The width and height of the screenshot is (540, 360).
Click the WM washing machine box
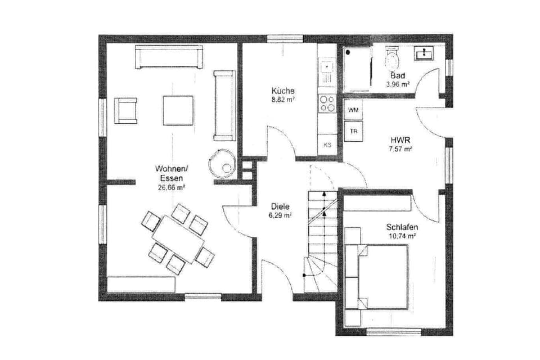tap(353, 110)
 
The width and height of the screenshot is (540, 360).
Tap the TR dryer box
tap(353, 132)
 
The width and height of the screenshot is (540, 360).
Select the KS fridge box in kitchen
tap(327, 145)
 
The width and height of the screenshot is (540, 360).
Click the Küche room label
tap(283, 91)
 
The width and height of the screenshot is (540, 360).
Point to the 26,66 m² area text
tap(172, 188)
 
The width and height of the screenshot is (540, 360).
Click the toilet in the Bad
tap(392, 58)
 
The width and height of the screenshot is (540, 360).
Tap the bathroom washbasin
tap(424, 53)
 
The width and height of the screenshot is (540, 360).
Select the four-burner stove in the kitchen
tap(327, 103)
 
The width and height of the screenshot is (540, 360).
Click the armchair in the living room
tap(125, 110)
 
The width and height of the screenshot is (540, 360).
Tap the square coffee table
tap(178, 110)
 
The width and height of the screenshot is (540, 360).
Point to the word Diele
tap(279, 206)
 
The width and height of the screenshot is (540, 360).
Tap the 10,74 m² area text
tap(402, 236)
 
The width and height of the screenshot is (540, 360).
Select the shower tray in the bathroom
tap(358, 69)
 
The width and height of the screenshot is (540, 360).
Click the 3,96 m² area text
tap(398, 84)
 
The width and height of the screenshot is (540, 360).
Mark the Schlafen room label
tap(402, 227)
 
